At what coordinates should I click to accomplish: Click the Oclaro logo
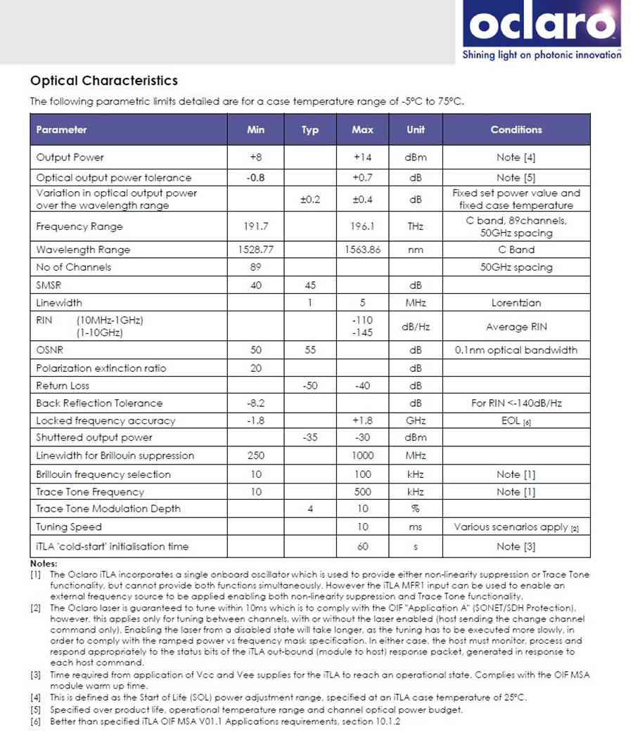coord(541,28)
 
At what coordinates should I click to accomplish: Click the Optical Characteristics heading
coord(103,81)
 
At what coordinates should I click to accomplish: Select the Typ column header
coord(309,130)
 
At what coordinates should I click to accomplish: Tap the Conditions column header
coord(516,130)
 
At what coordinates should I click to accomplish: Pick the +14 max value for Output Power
coord(362,157)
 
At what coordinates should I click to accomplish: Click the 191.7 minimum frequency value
coord(255,226)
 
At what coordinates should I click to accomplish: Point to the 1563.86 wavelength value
coord(362,250)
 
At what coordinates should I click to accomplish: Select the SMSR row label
coord(49,285)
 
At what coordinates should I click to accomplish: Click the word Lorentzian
coord(516,303)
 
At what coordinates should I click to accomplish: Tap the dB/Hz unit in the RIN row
coord(415,327)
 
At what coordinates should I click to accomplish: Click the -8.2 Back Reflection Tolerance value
coord(255,403)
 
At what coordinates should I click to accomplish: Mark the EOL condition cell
coord(516,420)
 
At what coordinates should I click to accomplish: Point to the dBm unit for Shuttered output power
coord(415,438)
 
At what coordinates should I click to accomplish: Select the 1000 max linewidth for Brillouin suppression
coord(362,455)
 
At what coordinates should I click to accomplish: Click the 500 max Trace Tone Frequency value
coord(362,492)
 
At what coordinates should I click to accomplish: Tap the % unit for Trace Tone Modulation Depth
coord(415,509)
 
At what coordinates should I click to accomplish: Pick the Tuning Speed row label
coord(69,526)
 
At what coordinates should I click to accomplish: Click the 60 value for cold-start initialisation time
coord(362,546)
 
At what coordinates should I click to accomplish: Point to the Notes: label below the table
coord(44,564)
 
